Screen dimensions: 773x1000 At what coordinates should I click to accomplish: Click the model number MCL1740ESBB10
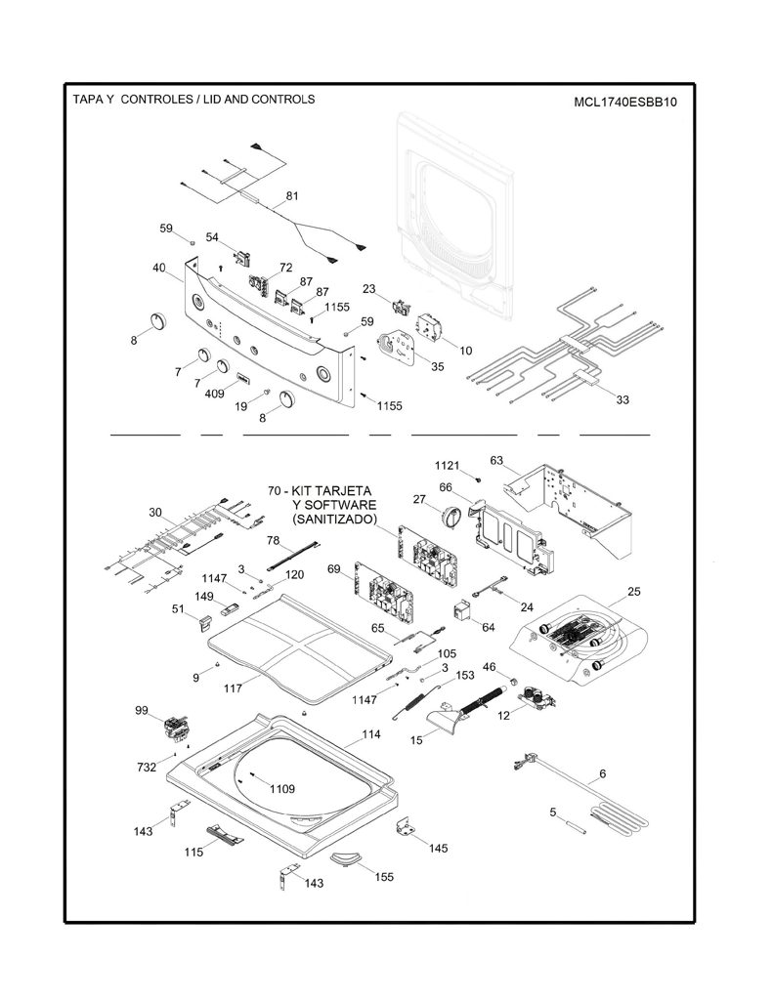tap(624, 102)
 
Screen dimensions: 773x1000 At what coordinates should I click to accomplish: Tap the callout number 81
tap(292, 195)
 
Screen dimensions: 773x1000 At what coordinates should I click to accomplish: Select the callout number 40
tap(159, 268)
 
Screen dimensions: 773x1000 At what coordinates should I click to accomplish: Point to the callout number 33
tap(623, 399)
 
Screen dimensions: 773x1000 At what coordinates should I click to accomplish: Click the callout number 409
tap(214, 394)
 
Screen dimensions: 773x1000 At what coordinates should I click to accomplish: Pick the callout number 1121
tap(447, 466)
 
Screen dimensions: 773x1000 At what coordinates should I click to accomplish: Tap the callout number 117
tap(233, 688)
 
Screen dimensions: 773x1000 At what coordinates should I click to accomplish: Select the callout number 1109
tap(282, 789)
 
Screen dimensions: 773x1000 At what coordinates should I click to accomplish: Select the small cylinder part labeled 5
tap(577, 829)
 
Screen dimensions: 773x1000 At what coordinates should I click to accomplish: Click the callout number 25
tap(633, 591)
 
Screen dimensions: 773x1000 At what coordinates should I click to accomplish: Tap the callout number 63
tap(496, 460)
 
